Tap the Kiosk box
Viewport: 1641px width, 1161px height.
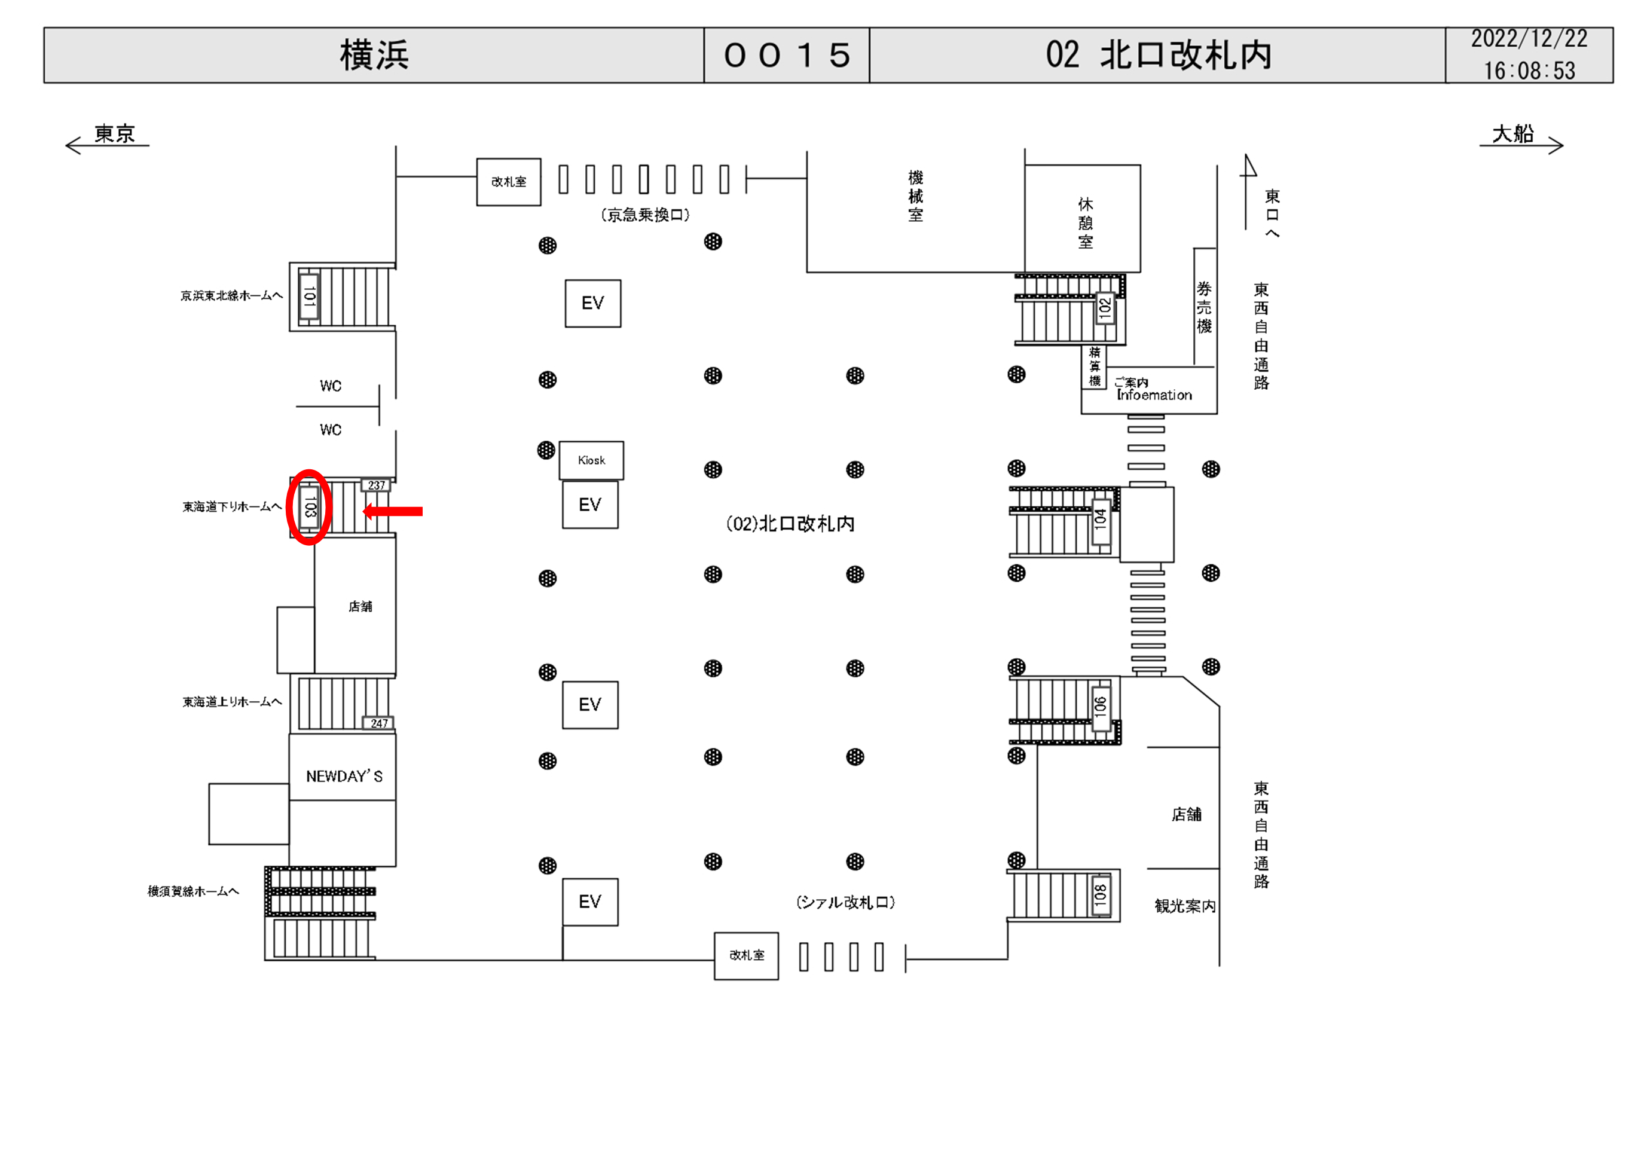(591, 460)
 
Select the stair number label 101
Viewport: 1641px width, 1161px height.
(308, 296)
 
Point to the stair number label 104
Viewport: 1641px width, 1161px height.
(1101, 518)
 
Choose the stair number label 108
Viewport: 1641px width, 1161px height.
(1101, 894)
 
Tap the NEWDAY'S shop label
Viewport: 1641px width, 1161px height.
(344, 777)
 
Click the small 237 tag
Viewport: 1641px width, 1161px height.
(376, 485)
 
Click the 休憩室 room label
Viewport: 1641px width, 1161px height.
(1085, 223)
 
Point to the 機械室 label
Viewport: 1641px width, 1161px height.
(916, 197)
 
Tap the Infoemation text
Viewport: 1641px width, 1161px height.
(1154, 395)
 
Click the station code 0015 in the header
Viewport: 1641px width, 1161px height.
(787, 56)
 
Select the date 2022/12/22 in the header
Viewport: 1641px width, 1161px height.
(1529, 39)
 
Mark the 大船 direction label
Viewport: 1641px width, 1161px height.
(1513, 134)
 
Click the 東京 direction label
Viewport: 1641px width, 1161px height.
(114, 134)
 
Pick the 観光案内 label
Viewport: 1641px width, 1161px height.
(1184, 906)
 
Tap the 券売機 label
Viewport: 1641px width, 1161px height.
(1205, 308)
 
